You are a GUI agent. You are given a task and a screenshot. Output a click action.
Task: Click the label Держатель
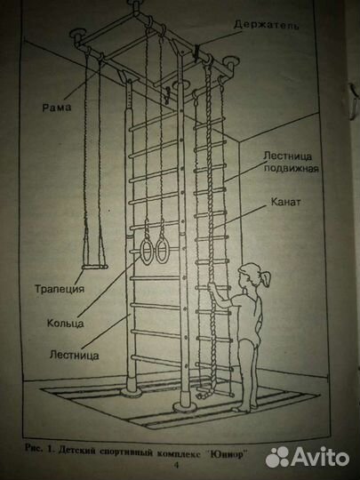click(266, 25)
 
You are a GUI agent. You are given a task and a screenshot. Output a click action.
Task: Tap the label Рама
click(57, 108)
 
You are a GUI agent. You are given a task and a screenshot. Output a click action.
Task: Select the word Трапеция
click(60, 289)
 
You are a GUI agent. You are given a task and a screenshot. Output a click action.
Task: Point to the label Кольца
click(66, 323)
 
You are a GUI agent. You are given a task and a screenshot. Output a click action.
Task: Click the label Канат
click(285, 202)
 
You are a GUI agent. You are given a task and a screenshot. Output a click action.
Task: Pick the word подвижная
click(292, 168)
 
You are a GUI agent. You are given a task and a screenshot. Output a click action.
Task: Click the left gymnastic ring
click(147, 252)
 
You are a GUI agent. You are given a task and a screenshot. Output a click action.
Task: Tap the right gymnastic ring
click(161, 251)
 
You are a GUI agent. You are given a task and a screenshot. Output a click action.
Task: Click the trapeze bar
click(94, 268)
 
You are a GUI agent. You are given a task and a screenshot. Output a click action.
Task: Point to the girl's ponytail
click(266, 278)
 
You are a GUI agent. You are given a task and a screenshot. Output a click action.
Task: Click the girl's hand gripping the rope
click(212, 288)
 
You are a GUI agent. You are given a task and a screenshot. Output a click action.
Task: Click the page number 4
click(176, 465)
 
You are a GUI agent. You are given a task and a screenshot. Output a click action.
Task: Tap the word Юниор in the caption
click(227, 452)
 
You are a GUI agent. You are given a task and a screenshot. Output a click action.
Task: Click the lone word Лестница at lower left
click(75, 355)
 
